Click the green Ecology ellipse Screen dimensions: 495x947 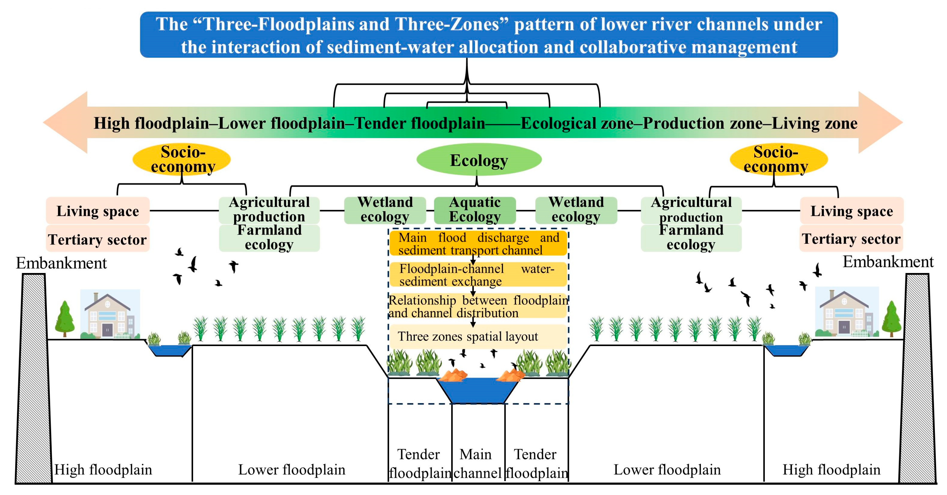[479, 160]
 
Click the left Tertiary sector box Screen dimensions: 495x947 [98, 240]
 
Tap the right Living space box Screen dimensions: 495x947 [851, 211]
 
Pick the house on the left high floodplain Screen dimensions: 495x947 [109, 314]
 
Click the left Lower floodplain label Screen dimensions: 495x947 [292, 470]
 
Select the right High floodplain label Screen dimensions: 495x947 [831, 470]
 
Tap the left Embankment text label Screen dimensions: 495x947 [61, 263]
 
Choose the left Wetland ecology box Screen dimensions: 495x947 [385, 210]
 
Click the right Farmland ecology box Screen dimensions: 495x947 [691, 238]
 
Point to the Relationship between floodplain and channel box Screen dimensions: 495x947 [478, 306]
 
